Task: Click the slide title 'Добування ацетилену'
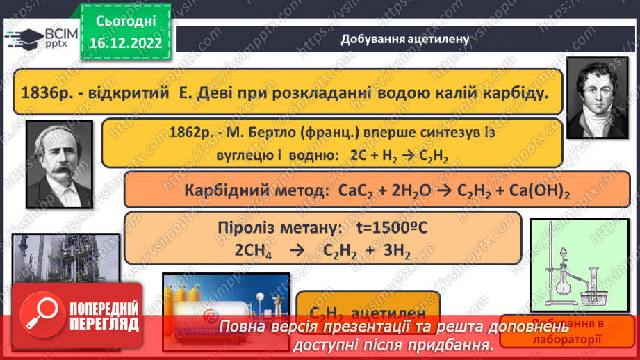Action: click(x=405, y=39)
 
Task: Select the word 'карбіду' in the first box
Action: click(x=507, y=92)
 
